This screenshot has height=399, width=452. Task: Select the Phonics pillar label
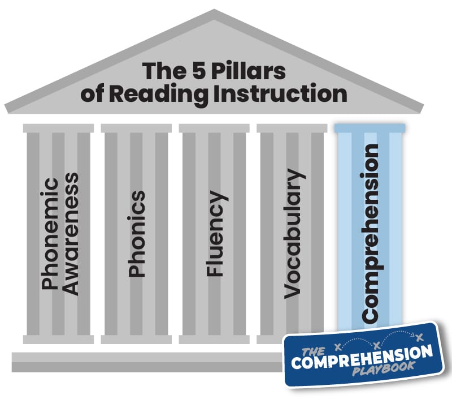click(137, 234)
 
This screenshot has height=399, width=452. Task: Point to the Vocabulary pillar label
click(293, 233)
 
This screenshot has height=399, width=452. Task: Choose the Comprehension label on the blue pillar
click(371, 233)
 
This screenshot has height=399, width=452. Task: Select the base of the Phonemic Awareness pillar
click(58, 340)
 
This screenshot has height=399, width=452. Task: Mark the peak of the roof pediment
click(213, 12)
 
